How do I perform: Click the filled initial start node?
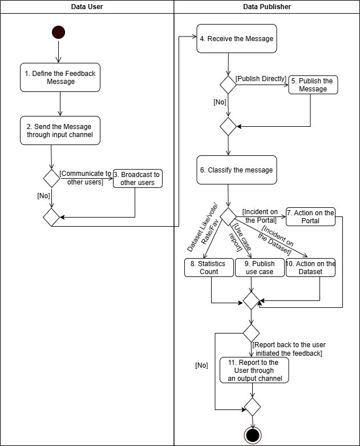(x=58, y=33)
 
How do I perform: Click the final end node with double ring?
(x=252, y=435)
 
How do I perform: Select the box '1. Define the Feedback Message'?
(x=60, y=77)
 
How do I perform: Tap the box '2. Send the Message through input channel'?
(x=59, y=130)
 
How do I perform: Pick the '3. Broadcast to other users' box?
(x=137, y=179)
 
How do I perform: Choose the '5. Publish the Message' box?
(x=313, y=85)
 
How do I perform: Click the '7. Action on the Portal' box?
(x=311, y=216)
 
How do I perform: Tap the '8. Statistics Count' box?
(x=208, y=267)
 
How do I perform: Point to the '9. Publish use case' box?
(x=260, y=267)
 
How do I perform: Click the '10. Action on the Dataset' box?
(x=311, y=267)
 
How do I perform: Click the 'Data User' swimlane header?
(x=87, y=7)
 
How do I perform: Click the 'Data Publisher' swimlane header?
(x=266, y=7)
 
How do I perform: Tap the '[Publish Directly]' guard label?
(x=261, y=79)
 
